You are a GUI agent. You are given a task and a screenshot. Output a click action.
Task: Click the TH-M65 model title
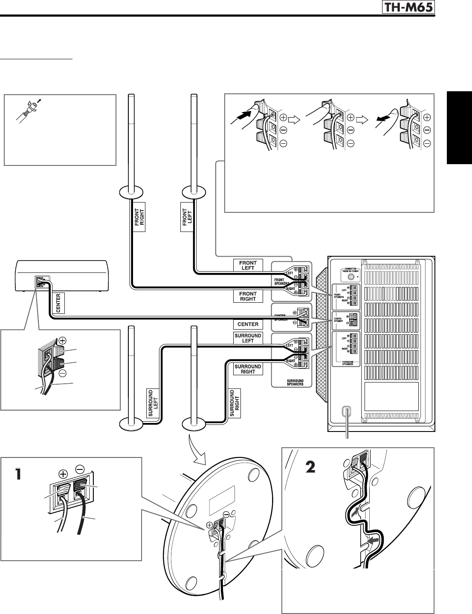pyautogui.click(x=411, y=7)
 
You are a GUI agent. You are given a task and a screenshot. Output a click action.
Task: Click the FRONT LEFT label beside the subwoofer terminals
pyautogui.click(x=248, y=265)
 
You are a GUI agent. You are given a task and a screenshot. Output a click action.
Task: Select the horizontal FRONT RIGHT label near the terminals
pyautogui.click(x=248, y=296)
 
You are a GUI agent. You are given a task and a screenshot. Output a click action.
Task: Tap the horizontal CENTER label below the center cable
pyautogui.click(x=248, y=324)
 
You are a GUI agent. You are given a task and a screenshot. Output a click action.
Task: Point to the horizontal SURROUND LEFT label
pyautogui.click(x=248, y=338)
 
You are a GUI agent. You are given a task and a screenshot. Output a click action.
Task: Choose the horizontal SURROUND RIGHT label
pyautogui.click(x=248, y=369)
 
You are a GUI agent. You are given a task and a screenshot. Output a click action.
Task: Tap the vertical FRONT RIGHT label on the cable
pyautogui.click(x=139, y=217)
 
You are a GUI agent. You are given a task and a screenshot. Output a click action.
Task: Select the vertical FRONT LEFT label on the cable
pyautogui.click(x=187, y=217)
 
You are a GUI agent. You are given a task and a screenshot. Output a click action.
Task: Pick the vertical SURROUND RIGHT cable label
pyautogui.click(x=235, y=403)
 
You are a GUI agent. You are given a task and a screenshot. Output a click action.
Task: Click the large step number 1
pyautogui.click(x=17, y=474)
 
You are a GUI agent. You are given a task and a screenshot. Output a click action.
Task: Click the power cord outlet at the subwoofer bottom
pyautogui.click(x=347, y=412)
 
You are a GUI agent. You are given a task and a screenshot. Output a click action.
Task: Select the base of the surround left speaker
pyautogui.click(x=131, y=424)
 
